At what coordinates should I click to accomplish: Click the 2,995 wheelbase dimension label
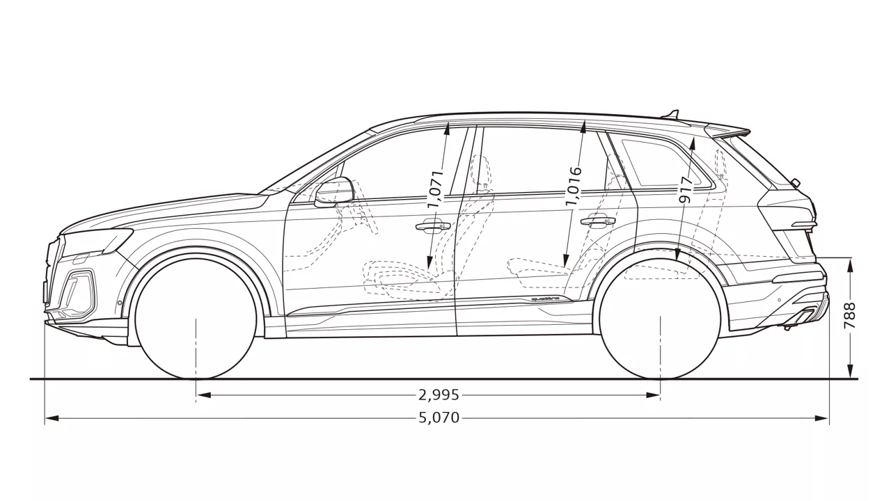439,395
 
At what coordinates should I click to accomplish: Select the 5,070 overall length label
439,418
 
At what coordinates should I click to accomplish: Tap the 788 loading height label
850,316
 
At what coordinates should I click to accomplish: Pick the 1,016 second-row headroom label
573,186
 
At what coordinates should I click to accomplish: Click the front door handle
433,225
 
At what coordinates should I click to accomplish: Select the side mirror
334,192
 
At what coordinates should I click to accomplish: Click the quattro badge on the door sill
546,299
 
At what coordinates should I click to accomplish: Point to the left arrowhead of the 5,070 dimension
52,418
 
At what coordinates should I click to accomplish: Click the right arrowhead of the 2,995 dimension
653,395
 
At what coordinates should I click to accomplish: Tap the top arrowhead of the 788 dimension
850,265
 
